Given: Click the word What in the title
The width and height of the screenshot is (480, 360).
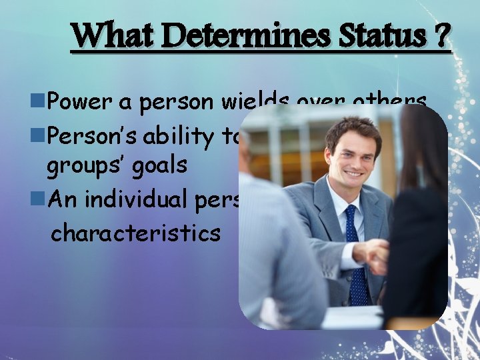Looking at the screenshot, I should [113, 36].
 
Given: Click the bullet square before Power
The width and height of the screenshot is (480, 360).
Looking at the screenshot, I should [39, 102].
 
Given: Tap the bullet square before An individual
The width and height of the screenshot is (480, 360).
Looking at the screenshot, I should [39, 198].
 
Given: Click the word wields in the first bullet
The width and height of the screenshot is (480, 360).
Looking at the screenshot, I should [256, 101].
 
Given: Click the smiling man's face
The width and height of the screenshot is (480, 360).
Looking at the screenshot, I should [353, 153].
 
